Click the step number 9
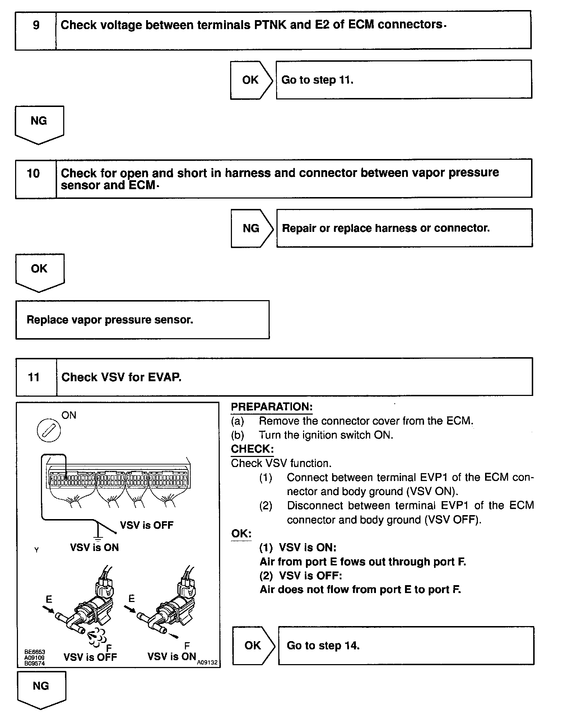click(36, 25)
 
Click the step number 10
click(33, 174)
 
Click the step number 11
click(34, 377)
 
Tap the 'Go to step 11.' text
click(317, 80)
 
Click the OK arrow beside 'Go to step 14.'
click(253, 645)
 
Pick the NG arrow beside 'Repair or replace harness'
click(251, 228)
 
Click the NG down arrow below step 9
click(39, 124)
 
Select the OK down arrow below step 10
click(39, 272)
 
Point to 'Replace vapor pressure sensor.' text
click(110, 320)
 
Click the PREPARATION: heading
click(271, 407)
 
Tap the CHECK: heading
click(252, 449)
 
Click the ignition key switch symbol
click(49, 430)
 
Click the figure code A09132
click(207, 663)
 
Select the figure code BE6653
click(34, 652)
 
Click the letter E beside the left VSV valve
click(49, 599)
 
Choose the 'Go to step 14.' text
click(323, 645)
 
